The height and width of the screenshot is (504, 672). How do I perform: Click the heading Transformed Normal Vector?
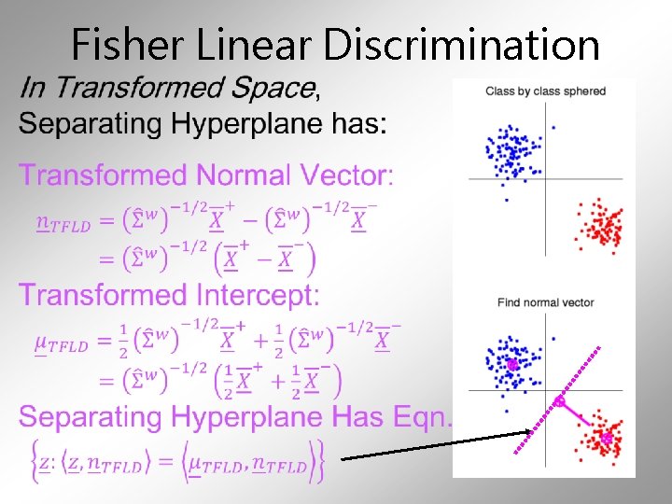206,175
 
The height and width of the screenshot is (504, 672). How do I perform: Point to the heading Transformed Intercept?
169,296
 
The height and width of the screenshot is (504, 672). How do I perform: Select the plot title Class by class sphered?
545,91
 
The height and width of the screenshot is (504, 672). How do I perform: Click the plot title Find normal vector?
545,302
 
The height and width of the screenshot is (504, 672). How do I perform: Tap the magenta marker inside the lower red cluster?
606,437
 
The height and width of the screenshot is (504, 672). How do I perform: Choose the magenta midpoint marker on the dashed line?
558,401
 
